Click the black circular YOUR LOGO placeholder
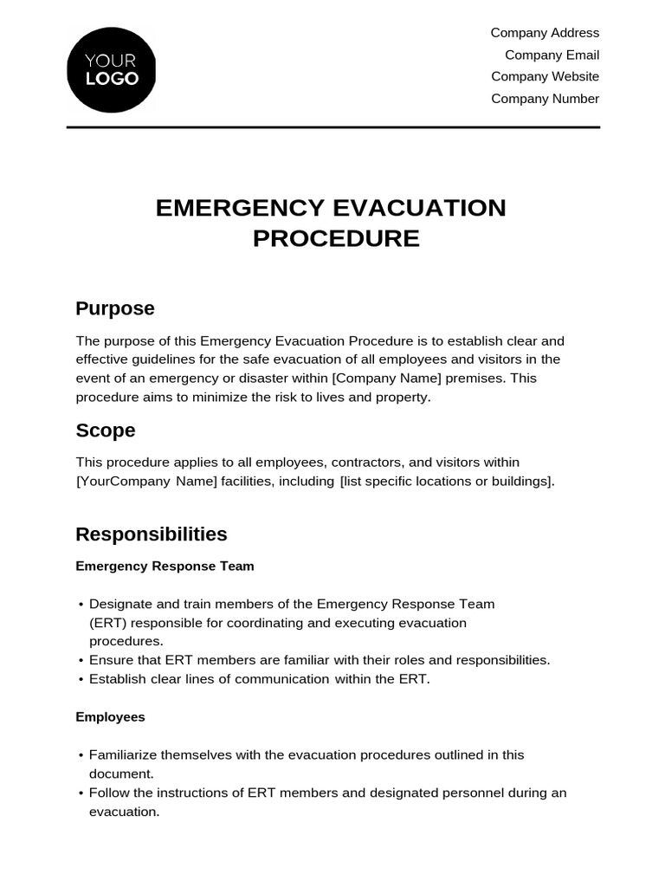pos(111,70)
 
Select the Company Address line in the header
pos(545,33)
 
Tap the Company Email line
pos(552,55)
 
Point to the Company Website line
pos(545,76)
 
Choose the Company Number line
pos(545,99)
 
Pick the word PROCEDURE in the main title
pos(336,238)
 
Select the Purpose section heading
pos(115,308)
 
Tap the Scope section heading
pos(106,431)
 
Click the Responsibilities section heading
pos(152,534)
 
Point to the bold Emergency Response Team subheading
pos(165,567)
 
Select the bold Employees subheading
pos(110,717)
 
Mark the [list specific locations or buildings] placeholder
pos(446,482)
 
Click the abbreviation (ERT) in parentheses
pos(107,623)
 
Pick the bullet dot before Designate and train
pos(81,605)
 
